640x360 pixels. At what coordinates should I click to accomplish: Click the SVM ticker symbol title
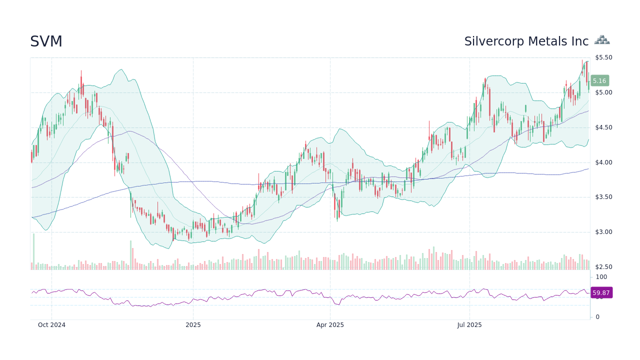point(46,41)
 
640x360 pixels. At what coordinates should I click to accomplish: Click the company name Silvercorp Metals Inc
point(526,41)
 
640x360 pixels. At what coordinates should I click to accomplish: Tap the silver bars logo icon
point(602,40)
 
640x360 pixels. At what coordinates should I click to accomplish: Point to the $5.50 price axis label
point(603,57)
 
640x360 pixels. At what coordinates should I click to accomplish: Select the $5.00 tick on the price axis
point(603,92)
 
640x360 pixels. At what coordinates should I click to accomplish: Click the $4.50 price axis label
point(603,127)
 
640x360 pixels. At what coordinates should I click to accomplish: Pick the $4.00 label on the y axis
point(603,162)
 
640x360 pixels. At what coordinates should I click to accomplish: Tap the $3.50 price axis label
point(603,197)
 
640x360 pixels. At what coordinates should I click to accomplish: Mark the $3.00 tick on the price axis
point(603,232)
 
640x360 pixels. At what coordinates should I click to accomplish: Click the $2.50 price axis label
point(603,267)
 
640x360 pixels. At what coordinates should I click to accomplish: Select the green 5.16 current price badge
point(599,80)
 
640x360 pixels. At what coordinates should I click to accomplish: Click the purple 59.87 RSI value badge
point(601,293)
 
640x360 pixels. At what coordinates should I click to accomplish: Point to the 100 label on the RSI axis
point(601,277)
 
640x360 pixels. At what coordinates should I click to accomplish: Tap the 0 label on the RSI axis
point(597,317)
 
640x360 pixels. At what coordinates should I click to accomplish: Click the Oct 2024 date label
point(51,325)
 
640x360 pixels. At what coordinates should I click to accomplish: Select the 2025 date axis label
point(193,325)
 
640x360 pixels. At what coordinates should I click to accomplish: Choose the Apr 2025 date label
point(330,325)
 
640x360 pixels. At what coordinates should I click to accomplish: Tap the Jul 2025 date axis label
point(469,325)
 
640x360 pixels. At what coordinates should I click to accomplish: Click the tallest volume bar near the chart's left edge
point(33,252)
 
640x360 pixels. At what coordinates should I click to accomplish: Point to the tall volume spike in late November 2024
point(131,255)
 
